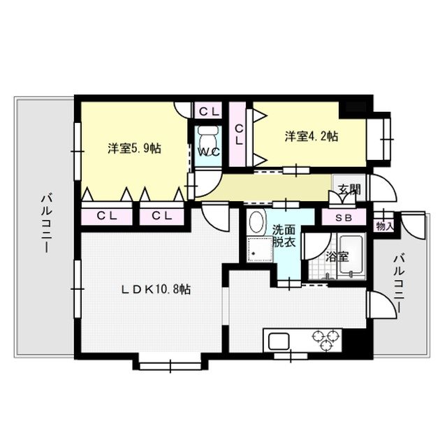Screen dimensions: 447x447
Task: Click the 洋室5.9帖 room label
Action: (135, 149)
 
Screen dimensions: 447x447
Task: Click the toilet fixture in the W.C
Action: (207, 134)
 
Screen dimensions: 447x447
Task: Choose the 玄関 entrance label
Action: (350, 189)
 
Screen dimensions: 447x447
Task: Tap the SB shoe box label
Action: (344, 218)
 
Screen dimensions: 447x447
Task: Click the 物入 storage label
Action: (385, 226)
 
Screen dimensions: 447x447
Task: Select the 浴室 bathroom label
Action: (338, 256)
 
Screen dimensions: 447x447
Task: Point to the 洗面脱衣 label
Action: (284, 236)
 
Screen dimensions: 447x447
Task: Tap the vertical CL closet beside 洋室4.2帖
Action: (238, 134)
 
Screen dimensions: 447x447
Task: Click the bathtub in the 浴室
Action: (349, 257)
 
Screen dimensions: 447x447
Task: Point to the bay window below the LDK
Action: (170, 362)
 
